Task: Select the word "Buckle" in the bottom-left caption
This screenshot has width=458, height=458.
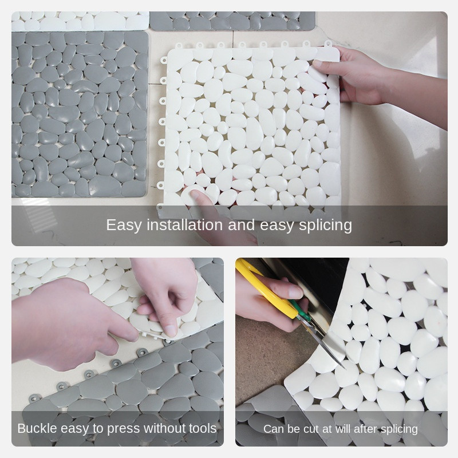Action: (37, 428)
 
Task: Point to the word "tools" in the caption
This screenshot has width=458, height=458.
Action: (203, 428)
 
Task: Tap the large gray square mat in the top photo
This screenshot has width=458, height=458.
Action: (80, 114)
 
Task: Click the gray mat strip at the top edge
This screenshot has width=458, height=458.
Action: (232, 21)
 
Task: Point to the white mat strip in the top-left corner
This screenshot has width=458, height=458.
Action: (80, 21)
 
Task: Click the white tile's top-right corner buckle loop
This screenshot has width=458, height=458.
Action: (327, 44)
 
